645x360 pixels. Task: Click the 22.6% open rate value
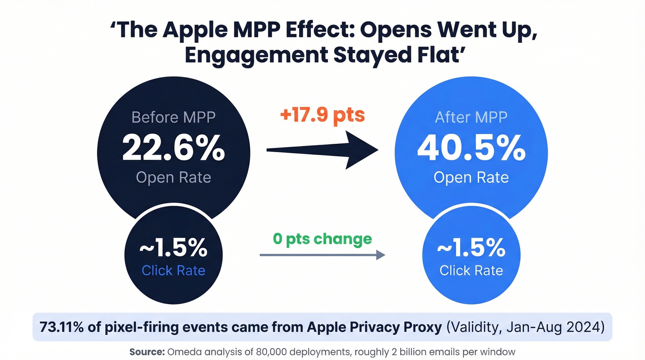pos(173,148)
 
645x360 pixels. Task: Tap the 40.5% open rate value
pos(471,148)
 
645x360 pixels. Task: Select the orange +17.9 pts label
pos(322,114)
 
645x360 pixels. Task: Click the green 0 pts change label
pos(322,239)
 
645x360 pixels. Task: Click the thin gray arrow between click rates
pos(322,254)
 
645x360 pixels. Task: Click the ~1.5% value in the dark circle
pos(173,249)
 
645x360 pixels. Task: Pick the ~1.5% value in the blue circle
pos(471,249)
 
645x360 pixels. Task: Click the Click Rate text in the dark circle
pos(173,271)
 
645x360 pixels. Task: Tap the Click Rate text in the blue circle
pos(471,271)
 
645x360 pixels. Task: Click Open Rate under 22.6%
pos(173,177)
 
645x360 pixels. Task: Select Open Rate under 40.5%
pos(471,177)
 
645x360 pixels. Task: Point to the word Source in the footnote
pos(146,352)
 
